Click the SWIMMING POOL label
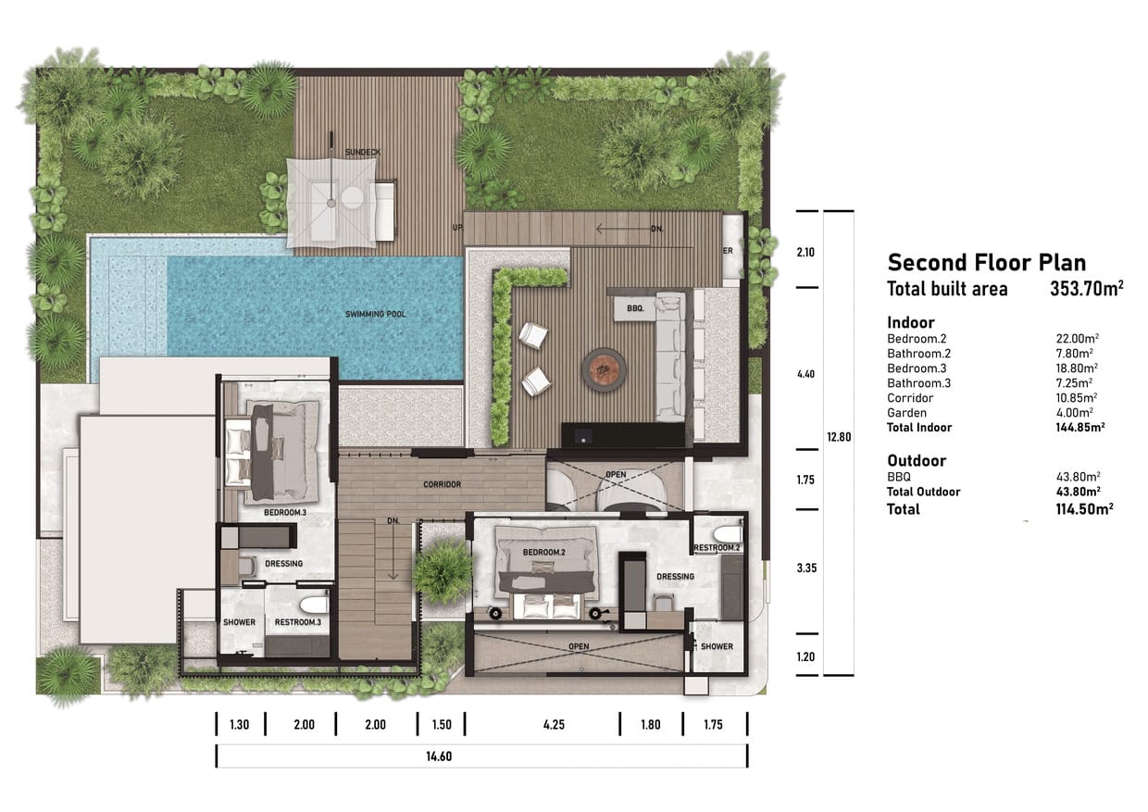[x=375, y=314]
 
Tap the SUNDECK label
[x=363, y=152]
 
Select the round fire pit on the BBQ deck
[x=604, y=369]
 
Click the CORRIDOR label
[x=442, y=484]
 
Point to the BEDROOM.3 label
[x=285, y=513]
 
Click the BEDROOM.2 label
[x=543, y=552]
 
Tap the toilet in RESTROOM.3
[x=314, y=605]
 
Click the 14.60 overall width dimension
[x=439, y=756]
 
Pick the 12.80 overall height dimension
[x=839, y=437]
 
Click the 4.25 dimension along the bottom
[x=554, y=724]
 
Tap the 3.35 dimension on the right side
[x=806, y=568]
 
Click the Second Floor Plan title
[x=987, y=262]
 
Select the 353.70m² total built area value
[x=1087, y=289]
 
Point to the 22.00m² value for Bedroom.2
[x=1078, y=338]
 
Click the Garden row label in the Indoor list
[x=906, y=413]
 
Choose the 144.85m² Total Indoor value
[x=1079, y=427]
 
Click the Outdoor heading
[x=917, y=460]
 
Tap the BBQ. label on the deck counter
[x=635, y=308]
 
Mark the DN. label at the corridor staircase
[x=393, y=521]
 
